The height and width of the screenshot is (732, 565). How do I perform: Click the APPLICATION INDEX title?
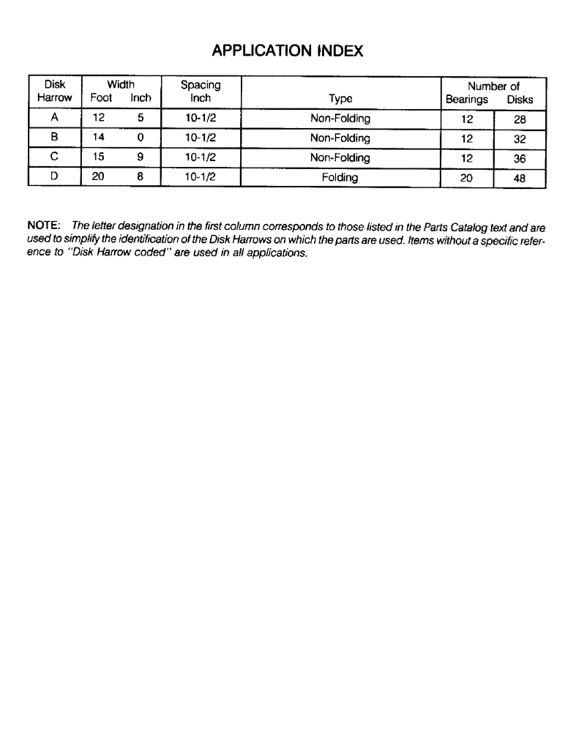point(287,51)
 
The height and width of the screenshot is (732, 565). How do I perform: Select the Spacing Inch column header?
point(201,91)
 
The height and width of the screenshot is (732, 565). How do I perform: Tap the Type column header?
point(340,98)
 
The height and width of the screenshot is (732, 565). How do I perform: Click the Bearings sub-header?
point(467,99)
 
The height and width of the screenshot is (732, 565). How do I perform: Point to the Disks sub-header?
point(520,99)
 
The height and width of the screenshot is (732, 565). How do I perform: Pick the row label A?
point(55,119)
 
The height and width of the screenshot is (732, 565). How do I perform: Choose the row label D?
point(55,177)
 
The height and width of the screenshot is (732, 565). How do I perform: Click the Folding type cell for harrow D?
point(340,177)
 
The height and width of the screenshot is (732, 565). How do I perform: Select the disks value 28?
point(520,119)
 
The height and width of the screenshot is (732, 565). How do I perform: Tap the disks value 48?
point(520,178)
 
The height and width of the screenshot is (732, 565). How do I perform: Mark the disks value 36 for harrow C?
point(520,158)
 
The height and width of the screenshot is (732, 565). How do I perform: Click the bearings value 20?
point(467,178)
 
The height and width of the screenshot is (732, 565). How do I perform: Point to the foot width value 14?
point(99,138)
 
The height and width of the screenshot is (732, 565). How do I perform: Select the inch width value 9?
point(140,157)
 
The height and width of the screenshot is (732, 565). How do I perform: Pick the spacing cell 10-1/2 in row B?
point(200,138)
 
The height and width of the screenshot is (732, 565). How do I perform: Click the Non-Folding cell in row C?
point(340,157)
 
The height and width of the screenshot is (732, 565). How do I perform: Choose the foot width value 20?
point(99,177)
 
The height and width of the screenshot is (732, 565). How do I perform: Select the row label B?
point(55,138)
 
